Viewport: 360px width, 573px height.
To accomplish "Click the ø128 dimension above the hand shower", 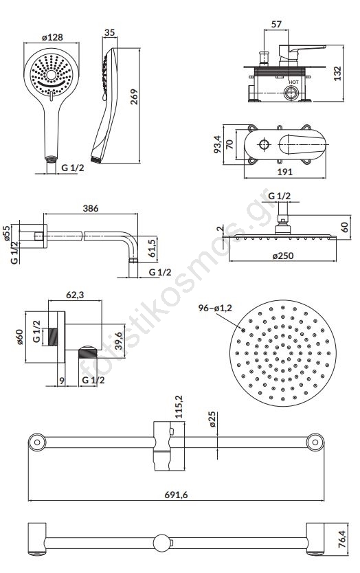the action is (x=52, y=37).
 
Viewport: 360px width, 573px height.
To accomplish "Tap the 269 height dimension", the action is (x=134, y=96).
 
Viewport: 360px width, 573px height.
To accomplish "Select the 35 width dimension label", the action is (x=110, y=32).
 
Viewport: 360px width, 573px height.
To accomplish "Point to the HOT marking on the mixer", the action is (x=293, y=82).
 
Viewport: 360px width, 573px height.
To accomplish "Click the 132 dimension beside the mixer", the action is (x=337, y=73).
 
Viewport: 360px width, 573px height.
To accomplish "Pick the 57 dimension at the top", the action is (x=277, y=24).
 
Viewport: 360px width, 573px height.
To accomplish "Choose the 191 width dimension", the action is (x=284, y=172).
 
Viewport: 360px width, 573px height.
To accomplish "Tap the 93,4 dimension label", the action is (x=218, y=144).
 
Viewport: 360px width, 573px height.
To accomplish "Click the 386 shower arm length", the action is (x=91, y=208).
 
